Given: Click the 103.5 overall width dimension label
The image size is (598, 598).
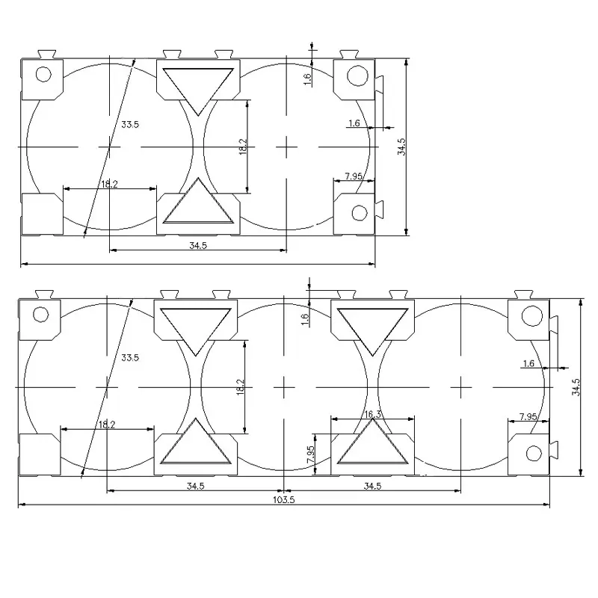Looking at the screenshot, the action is [x=284, y=499].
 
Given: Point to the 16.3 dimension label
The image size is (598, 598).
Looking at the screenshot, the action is [x=372, y=414].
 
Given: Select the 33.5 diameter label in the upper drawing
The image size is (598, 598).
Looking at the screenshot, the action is [x=130, y=124].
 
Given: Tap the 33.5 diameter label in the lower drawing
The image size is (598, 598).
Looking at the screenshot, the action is [x=130, y=358].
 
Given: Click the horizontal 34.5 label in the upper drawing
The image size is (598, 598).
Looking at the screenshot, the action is [x=198, y=246].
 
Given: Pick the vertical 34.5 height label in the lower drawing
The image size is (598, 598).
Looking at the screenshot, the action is [x=576, y=387].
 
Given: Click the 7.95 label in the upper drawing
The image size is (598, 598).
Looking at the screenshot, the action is [x=354, y=176].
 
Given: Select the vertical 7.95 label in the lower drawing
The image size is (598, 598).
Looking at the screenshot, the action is [x=310, y=454].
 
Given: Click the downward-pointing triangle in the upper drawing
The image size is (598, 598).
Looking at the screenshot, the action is [x=198, y=91].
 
